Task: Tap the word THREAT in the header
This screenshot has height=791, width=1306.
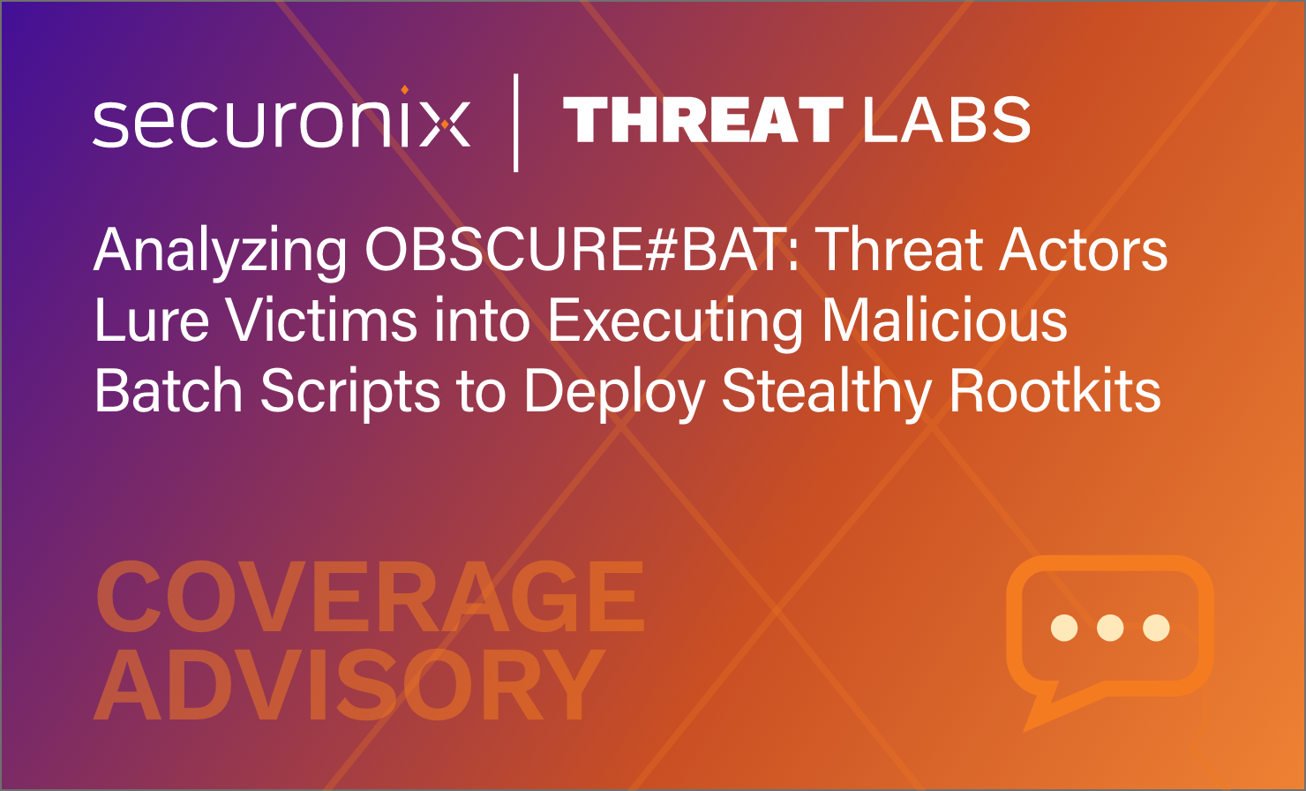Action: point(702,119)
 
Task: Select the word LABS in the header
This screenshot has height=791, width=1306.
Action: point(946,119)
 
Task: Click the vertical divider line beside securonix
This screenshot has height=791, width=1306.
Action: point(516,123)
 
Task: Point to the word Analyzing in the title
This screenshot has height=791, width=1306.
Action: point(221,252)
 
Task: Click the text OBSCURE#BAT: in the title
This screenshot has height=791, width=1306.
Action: point(583,250)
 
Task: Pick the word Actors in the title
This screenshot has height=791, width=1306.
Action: point(1084,250)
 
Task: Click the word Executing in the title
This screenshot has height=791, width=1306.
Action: point(676,323)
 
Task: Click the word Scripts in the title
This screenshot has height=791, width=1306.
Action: point(349,393)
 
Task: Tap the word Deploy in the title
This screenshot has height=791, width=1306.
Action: point(614,394)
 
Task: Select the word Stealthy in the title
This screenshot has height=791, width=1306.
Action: point(826,394)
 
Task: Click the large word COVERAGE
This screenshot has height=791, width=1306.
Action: point(370,596)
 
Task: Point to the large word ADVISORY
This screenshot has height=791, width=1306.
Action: point(349,685)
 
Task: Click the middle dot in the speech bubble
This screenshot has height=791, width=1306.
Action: point(1110,628)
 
